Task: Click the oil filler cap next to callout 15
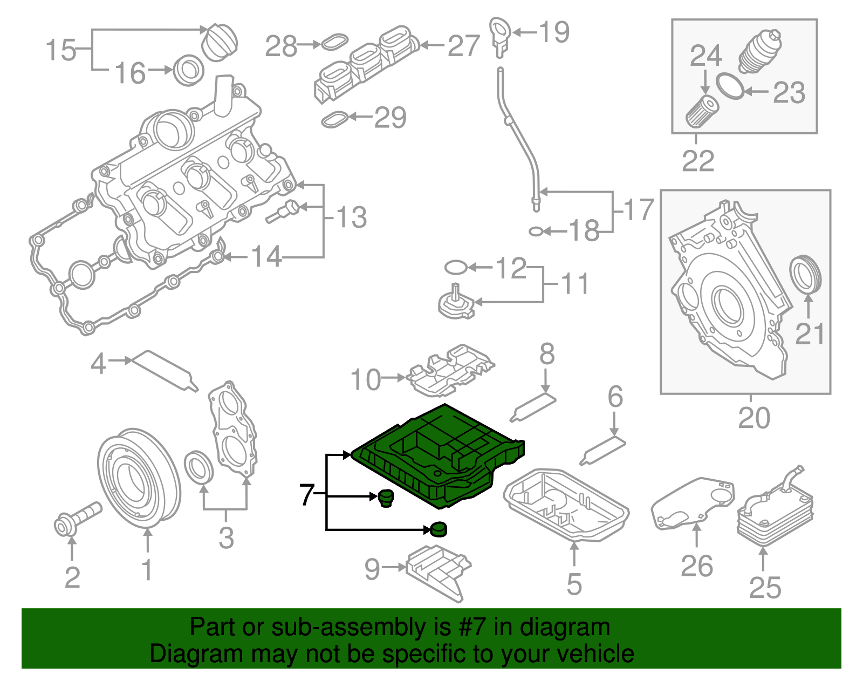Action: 219,42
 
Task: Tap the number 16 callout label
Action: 131,73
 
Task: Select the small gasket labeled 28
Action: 334,42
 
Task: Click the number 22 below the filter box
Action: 698,161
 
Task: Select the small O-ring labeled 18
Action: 536,232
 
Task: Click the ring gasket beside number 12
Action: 456,267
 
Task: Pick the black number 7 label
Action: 306,494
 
